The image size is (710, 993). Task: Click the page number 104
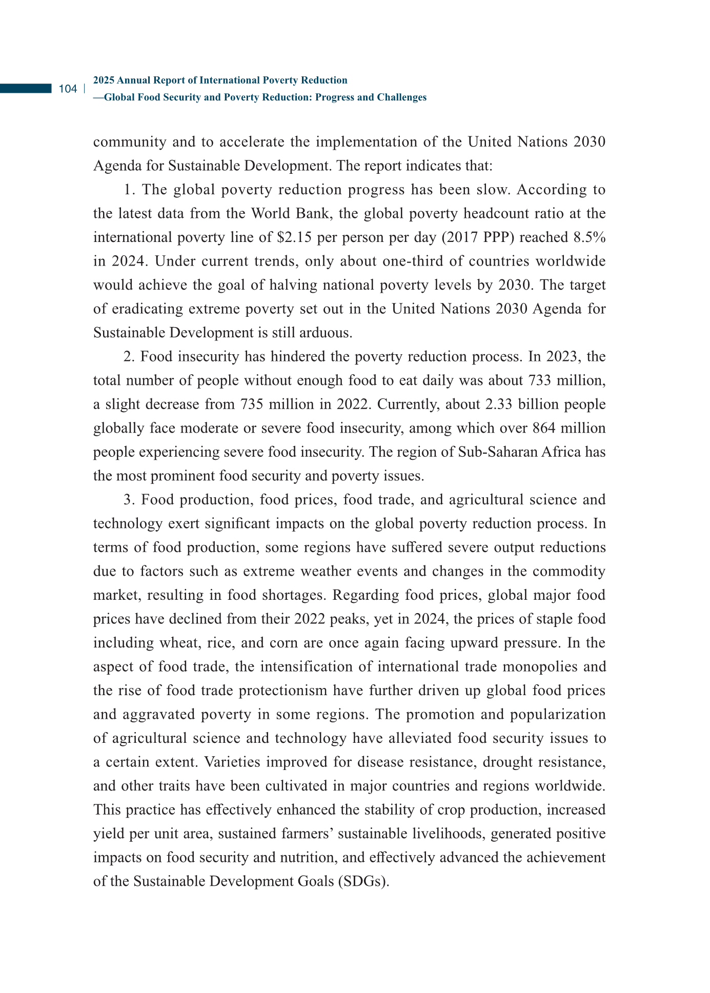pyautogui.click(x=68, y=89)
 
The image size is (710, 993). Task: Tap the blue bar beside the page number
pyautogui.click(x=26, y=89)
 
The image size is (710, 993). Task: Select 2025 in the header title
pyautogui.click(x=104, y=80)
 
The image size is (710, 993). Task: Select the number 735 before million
pyautogui.click(x=254, y=404)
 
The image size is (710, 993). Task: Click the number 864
pyautogui.click(x=546, y=428)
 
